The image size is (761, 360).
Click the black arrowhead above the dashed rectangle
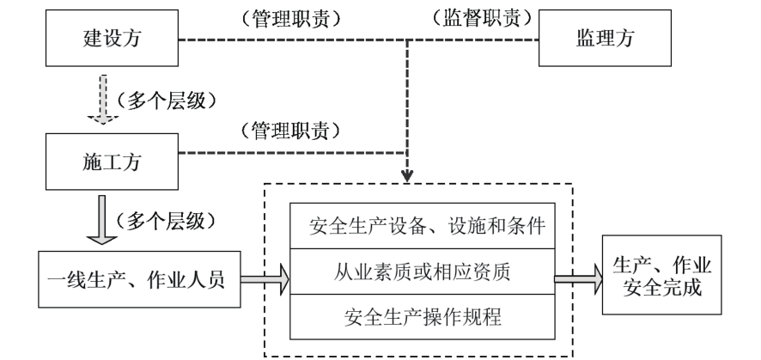click(x=408, y=178)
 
